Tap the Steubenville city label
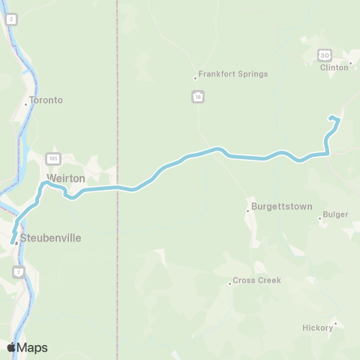(51, 238)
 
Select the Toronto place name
(46, 100)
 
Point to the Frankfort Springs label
(233, 74)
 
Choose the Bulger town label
(335, 214)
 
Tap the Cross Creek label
(256, 280)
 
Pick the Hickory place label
(316, 327)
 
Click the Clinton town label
(334, 67)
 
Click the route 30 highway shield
(324, 55)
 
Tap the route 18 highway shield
(197, 96)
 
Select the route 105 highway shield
(52, 158)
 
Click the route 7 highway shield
(18, 270)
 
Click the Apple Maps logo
(27, 347)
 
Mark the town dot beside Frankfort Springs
(195, 77)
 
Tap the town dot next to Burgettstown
(247, 211)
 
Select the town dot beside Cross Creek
(229, 283)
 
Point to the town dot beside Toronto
(26, 104)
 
